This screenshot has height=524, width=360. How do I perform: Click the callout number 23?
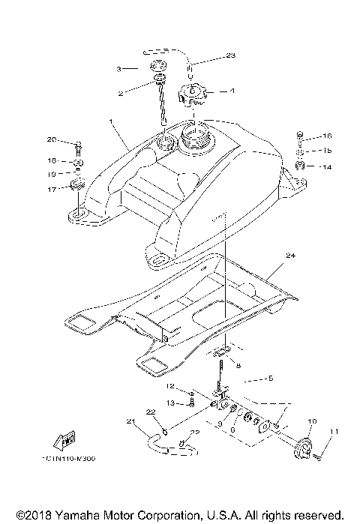pos(231,56)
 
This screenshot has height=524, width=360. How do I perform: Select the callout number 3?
pos(118,68)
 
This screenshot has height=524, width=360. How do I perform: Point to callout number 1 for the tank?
pos(111,121)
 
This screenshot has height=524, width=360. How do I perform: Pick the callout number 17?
pos(52,190)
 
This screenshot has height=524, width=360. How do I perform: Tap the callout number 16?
pos(327,136)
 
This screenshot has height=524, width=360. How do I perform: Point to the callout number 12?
pos(170,387)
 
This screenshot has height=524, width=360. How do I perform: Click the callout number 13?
pos(170,403)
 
